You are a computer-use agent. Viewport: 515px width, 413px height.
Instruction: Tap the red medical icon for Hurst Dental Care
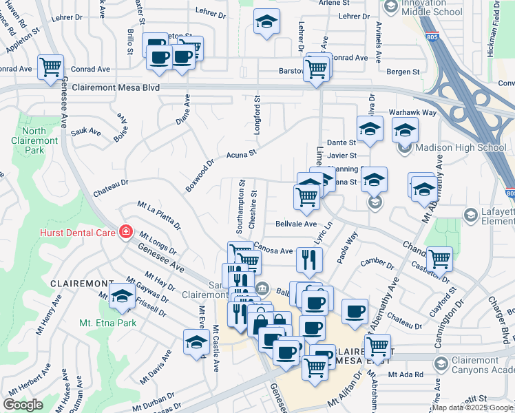125,232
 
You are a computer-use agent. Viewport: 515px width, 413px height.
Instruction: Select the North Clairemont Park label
34,140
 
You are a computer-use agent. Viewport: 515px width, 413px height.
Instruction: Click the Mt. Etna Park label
107,322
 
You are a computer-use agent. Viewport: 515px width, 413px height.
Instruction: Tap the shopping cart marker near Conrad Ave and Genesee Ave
51,67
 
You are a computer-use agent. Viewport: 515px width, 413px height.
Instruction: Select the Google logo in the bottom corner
23,405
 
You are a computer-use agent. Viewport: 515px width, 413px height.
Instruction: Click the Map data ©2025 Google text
472,408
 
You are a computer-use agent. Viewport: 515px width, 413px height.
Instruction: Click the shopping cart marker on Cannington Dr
439,259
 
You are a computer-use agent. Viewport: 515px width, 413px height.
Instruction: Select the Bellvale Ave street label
295,224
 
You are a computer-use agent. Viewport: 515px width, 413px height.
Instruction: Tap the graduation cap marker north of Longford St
266,21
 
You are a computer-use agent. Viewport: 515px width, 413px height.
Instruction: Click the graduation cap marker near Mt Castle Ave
196,342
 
